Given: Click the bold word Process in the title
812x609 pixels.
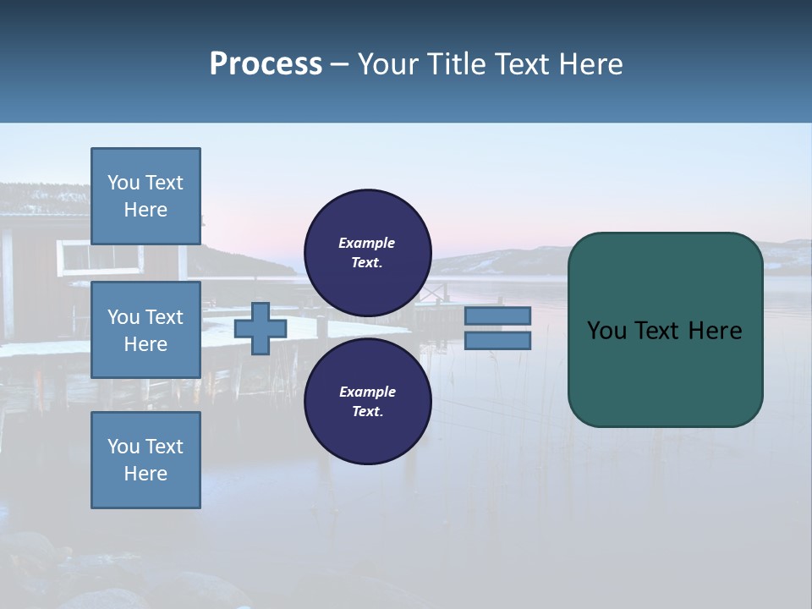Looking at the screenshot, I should tap(266, 64).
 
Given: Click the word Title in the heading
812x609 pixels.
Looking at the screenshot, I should tap(456, 64).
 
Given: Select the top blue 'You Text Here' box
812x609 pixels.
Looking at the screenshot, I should tap(145, 196).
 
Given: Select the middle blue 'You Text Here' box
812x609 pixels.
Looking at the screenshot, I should tap(145, 330).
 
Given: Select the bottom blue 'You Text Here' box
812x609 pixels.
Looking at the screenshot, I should tap(145, 460).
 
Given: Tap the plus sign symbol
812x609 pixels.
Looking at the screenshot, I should tap(261, 328).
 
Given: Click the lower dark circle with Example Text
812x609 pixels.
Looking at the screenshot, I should tap(367, 402).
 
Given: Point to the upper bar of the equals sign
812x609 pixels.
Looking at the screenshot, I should tap(497, 315).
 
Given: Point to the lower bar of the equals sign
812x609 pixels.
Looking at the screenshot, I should tap(497, 341).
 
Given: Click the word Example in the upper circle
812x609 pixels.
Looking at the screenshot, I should tap(366, 244).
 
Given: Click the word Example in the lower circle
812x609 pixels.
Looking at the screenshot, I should tap(366, 392).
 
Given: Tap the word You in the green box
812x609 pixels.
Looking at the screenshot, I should tap(606, 331).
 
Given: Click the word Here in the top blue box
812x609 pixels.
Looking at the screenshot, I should tap(145, 210).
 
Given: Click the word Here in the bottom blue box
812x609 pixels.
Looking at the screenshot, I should tap(145, 474).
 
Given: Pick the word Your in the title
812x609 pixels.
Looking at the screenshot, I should tap(388, 64).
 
